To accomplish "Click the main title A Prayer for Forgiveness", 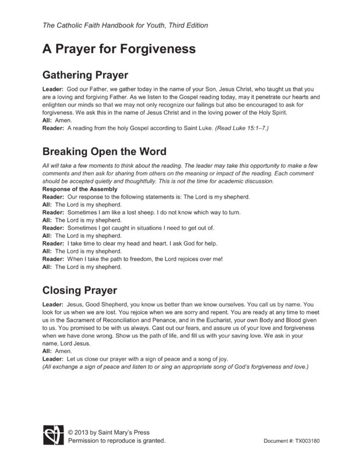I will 118,49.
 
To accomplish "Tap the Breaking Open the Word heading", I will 105,152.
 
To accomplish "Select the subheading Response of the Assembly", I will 80,189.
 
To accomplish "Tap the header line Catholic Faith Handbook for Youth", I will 125,26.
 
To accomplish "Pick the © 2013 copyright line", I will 108,432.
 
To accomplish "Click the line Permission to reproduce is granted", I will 117,441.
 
